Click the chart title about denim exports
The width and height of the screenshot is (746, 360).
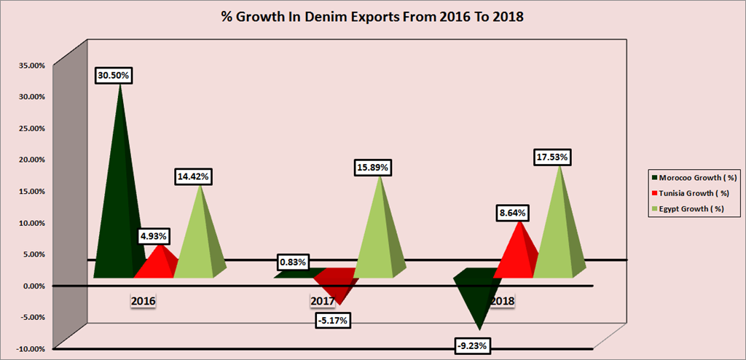pyautogui.click(x=373, y=17)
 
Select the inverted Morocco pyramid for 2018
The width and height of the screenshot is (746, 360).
pyautogui.click(x=477, y=291)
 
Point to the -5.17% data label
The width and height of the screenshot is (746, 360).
pyautogui.click(x=333, y=319)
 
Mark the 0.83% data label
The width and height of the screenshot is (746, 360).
pyautogui.click(x=293, y=262)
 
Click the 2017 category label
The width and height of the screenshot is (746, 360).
pyautogui.click(x=322, y=301)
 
